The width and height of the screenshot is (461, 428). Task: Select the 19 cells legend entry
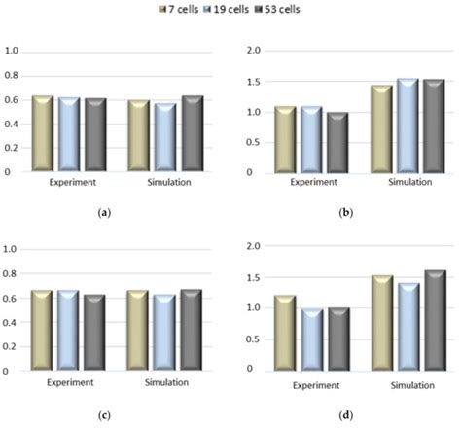[236, 9]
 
